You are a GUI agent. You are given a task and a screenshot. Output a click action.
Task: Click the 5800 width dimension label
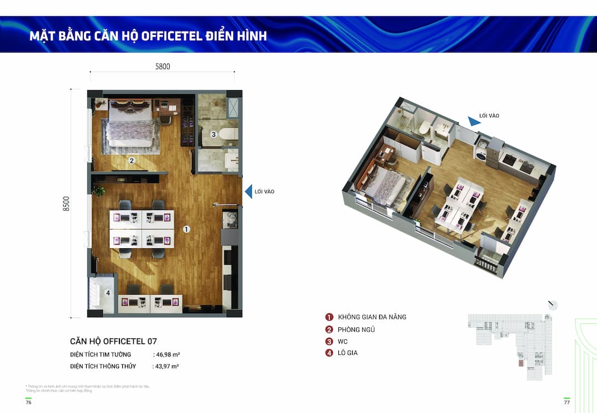pos(163,66)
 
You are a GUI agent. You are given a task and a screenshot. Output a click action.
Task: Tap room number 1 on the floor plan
pos(186,229)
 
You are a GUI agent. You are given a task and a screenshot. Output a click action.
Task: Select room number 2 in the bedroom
pos(132,161)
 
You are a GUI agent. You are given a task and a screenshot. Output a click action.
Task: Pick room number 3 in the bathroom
pos(213,134)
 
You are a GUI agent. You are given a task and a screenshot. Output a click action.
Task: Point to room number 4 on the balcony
pos(108,293)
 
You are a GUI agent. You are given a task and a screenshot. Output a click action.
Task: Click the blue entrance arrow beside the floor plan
pos(249,191)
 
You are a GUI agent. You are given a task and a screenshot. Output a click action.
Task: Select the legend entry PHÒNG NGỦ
pos(357,330)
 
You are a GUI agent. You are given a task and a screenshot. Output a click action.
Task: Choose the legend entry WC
pos(343,342)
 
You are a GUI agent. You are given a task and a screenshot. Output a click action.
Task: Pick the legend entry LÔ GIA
pos(348,353)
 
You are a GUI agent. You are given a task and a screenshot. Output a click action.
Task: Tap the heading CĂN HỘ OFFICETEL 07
pos(113,341)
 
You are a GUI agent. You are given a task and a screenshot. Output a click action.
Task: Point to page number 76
pos(28,402)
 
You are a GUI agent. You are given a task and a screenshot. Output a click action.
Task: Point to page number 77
pos(567,402)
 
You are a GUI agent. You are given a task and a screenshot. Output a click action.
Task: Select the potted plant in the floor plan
pos(99,191)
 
